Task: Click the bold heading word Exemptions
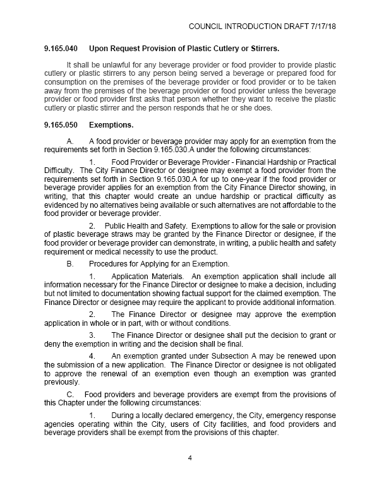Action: [x=111, y=125]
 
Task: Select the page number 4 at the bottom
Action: [x=189, y=458]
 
